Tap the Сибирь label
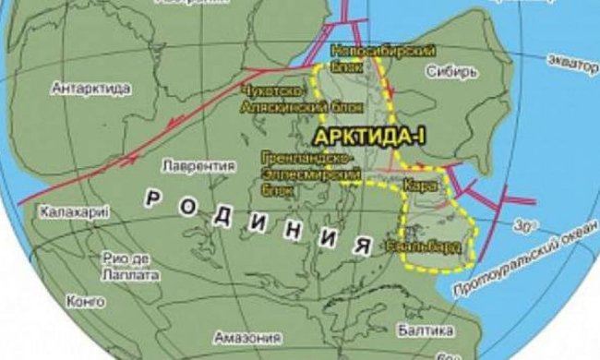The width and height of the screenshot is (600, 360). pyautogui.click(x=451, y=71)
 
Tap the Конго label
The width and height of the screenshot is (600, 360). pyautogui.click(x=81, y=300)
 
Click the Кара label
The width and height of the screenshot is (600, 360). pyautogui.click(x=416, y=185)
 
